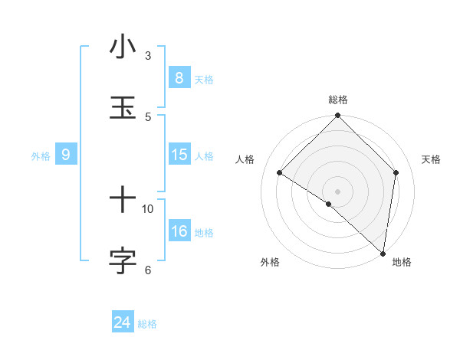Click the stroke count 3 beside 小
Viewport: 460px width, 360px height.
[148, 56]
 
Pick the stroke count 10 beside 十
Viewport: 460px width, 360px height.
[148, 208]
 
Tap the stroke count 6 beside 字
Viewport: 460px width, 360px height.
[148, 269]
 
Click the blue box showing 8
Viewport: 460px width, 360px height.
[179, 78]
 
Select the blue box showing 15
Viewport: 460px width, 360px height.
[179, 155]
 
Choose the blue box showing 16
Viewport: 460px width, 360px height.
[179, 231]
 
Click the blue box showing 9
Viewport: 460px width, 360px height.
[66, 155]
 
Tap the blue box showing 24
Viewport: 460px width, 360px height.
[122, 323]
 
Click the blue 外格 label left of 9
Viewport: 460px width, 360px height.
[41, 156]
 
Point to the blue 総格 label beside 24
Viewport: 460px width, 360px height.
[147, 325]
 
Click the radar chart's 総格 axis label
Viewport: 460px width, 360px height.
[338, 100]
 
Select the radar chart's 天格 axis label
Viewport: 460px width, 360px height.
[432, 159]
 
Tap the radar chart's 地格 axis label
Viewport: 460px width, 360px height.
[402, 263]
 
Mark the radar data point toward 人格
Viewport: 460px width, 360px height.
[280, 172]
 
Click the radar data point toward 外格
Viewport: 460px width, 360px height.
[329, 204]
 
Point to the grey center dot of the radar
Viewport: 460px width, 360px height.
[338, 191]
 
